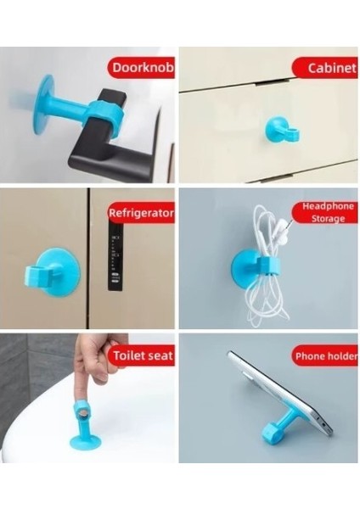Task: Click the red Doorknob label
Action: pyautogui.click(x=139, y=68)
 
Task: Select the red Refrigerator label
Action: pyautogui.click(x=141, y=214)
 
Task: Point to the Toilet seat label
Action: pyautogui.click(x=141, y=355)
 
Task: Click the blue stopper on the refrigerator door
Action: pyautogui.click(x=57, y=271)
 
